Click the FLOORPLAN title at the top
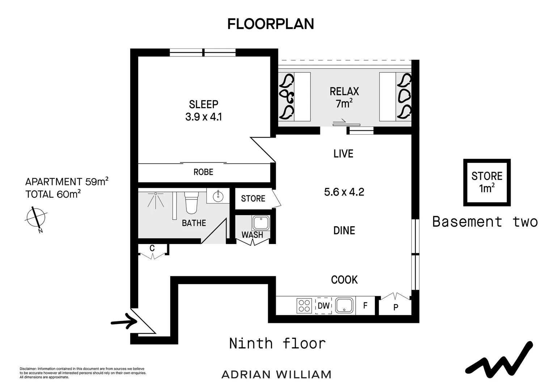point(270,24)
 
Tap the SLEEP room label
point(203,104)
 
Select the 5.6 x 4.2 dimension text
point(344,192)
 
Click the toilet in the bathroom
point(191,203)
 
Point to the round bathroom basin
point(218,197)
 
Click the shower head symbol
point(156,198)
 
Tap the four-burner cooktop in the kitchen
point(304,306)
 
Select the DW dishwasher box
point(323,306)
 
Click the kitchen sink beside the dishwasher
point(344,305)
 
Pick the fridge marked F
point(365,306)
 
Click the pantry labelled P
point(396,307)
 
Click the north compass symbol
point(35,218)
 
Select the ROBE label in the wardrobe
point(203,172)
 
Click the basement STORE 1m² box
point(487,182)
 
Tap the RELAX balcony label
point(344,92)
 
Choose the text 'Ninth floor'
point(278,343)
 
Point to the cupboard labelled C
point(152,249)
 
